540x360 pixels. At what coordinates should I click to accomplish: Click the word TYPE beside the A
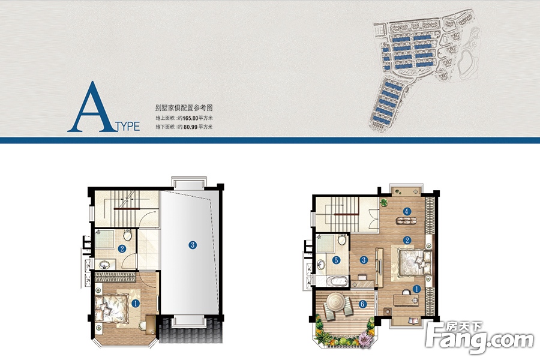[x=128, y=127]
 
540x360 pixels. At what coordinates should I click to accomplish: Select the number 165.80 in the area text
[x=190, y=118]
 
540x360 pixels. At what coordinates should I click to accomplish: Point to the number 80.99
[x=190, y=127]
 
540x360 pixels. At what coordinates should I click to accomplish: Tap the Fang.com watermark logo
[x=479, y=338]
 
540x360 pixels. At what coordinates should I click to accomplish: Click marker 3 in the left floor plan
[x=193, y=245]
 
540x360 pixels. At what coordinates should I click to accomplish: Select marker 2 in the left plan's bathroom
[x=122, y=248]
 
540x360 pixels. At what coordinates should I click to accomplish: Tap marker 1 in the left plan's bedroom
[x=136, y=304]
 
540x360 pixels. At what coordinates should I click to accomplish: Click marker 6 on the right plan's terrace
[x=362, y=304]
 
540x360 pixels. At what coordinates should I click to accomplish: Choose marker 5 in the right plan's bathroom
[x=336, y=260]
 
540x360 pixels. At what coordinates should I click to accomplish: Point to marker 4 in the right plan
[x=407, y=211]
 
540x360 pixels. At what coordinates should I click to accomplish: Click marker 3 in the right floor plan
[x=364, y=260]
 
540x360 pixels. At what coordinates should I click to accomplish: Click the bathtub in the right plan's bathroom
[x=337, y=281]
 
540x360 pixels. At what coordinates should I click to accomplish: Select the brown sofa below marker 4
[x=406, y=220]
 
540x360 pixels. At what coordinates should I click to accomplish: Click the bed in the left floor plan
[x=111, y=308]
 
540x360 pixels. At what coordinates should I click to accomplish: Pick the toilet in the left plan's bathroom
[x=127, y=235]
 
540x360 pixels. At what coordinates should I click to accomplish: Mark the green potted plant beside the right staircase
[x=384, y=202]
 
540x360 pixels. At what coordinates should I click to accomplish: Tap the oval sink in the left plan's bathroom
[x=104, y=265]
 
